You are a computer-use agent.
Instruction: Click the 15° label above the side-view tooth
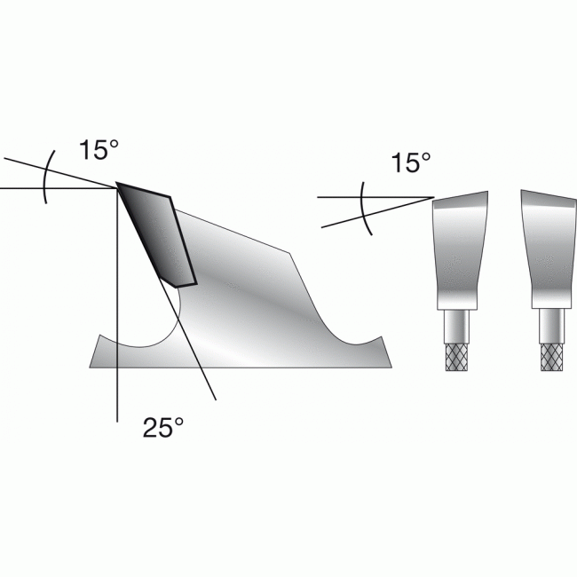point(99,150)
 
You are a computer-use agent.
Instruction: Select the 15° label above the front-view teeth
point(410,162)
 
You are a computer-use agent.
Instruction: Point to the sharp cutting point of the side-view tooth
point(117,185)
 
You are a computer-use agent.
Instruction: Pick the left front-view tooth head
point(460,249)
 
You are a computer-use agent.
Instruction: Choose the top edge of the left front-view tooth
point(460,196)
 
